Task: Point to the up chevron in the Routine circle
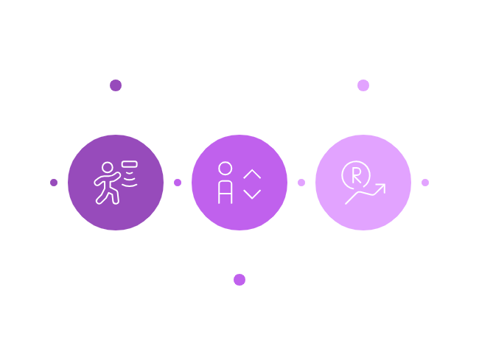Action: point(252,174)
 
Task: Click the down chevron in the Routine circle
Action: point(252,193)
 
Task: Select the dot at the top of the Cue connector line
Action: point(116,85)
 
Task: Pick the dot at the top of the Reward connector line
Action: point(363,85)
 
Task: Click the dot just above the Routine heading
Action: point(239,280)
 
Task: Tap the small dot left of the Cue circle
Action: point(54,183)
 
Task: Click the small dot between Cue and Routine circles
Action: point(178,183)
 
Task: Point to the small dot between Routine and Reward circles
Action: point(301,183)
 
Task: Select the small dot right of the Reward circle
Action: point(425,183)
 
